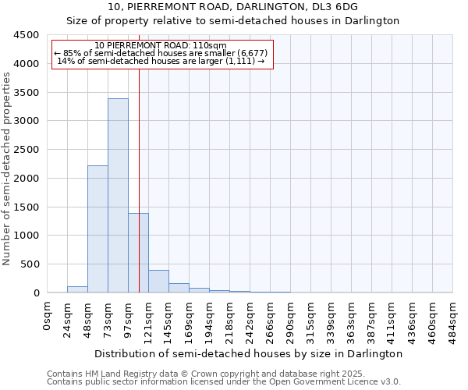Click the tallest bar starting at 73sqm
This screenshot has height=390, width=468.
coord(118,195)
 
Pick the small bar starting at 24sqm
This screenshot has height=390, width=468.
coord(77,289)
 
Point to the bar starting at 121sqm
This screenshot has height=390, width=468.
coord(158,282)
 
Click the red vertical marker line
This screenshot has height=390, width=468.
coord(139,156)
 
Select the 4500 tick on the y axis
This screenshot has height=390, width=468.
coord(26,35)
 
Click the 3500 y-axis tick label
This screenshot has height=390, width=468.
coord(26,92)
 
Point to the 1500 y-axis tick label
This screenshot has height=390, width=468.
coord(26,207)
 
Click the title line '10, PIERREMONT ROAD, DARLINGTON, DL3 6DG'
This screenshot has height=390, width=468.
coord(233,7)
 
